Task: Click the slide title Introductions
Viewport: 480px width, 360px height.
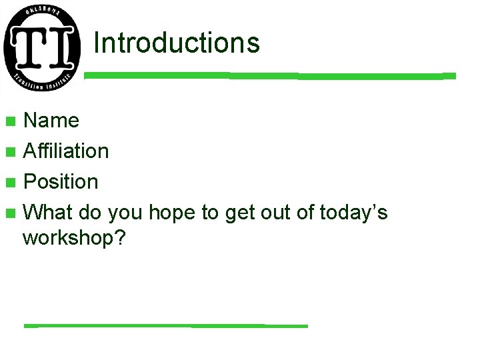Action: click(x=176, y=43)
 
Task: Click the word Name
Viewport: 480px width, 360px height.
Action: click(x=51, y=121)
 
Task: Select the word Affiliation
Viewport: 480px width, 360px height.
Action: click(x=66, y=151)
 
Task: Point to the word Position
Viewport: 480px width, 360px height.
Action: click(x=61, y=182)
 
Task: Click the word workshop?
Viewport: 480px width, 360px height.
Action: click(x=74, y=238)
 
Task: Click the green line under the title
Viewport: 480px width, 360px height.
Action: click(x=269, y=75)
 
